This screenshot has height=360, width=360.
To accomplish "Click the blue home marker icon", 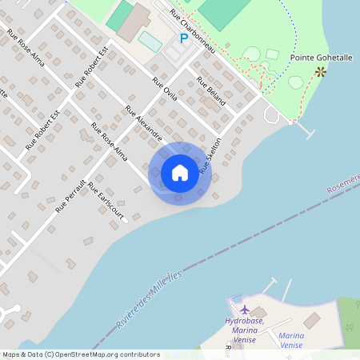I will click(180, 173).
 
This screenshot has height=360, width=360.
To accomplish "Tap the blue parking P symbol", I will click(183, 38).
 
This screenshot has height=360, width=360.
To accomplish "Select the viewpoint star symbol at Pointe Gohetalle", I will click(321, 71).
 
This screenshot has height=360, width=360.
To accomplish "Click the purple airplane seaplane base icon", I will click(245, 310).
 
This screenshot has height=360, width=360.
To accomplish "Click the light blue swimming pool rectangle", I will click(150, 39).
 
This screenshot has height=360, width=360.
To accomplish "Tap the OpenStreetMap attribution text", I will click(80, 354).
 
